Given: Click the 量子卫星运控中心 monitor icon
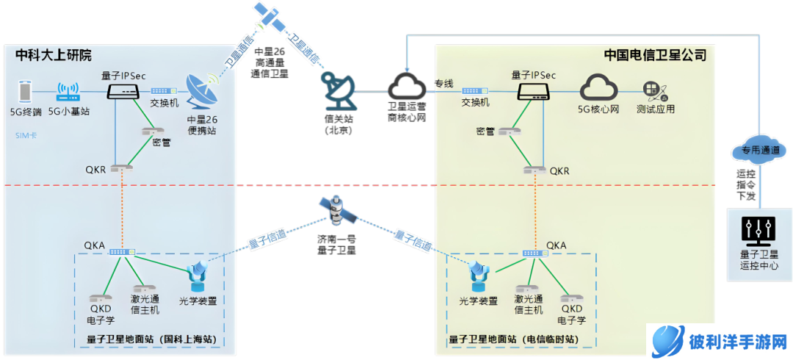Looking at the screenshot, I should click(x=758, y=231).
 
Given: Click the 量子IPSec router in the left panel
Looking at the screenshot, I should click(x=123, y=91).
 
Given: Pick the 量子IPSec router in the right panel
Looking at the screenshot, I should click(x=534, y=91).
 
